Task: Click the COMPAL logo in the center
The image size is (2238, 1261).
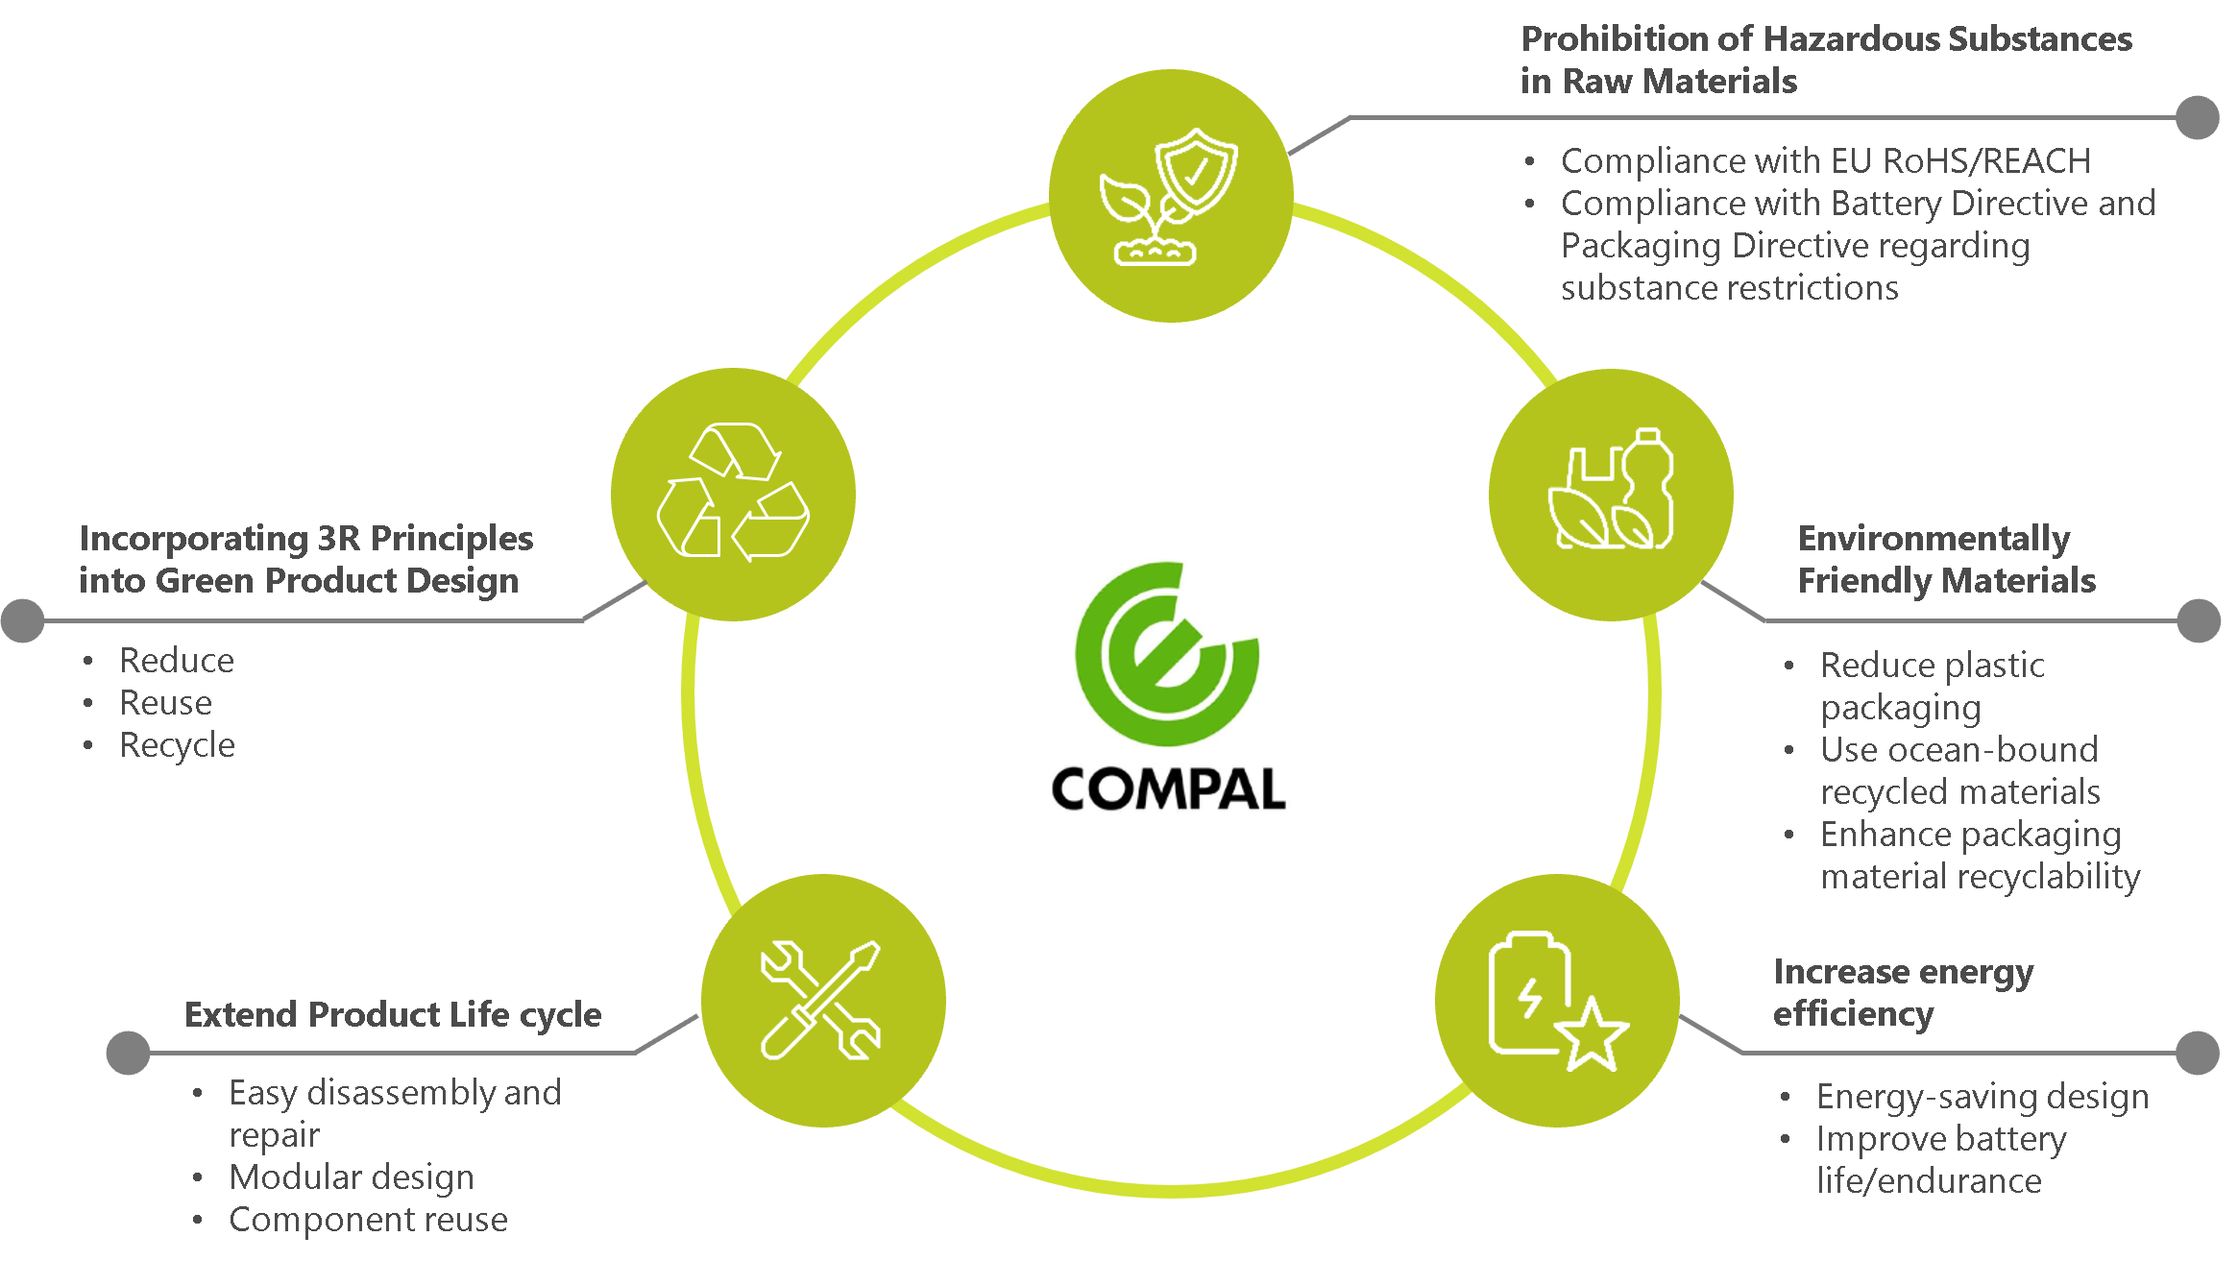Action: point(1166,686)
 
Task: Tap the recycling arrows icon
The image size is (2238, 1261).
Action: point(733,493)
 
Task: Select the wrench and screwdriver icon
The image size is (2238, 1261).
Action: point(822,1000)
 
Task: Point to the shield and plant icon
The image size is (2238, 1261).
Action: point(1170,196)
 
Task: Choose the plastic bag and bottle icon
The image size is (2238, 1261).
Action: point(1611,493)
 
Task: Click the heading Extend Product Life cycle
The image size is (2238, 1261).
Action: point(392,1015)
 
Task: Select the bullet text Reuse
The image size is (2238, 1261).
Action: point(165,704)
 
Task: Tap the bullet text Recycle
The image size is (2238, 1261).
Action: point(177,746)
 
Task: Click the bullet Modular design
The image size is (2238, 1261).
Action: point(351,1177)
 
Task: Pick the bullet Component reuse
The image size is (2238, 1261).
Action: point(368,1220)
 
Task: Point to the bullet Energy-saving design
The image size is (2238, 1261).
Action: point(1982,1097)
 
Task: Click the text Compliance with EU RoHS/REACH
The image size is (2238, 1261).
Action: point(1825,161)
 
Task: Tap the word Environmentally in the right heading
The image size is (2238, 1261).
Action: point(1934,540)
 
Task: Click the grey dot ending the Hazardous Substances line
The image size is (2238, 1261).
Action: point(2197,118)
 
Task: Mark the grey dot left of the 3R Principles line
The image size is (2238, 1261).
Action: point(23,620)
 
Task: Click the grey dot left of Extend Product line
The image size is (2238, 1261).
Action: point(128,1053)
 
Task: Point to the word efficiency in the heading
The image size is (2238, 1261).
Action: point(1853,1015)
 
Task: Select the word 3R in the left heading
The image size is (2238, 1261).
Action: point(339,539)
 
